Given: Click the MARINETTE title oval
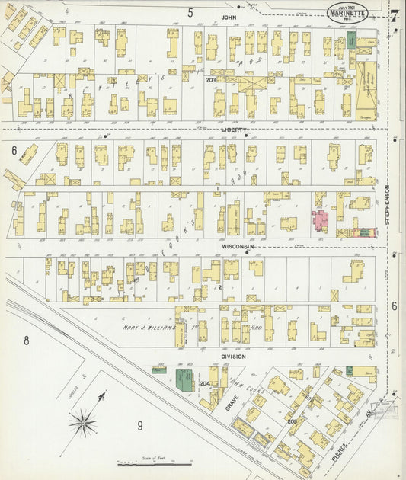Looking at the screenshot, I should [348, 12].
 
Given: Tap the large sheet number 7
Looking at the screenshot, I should [394, 17].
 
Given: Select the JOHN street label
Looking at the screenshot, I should [225, 16].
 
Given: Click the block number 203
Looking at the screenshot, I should [211, 79].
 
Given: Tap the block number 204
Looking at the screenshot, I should [204, 383].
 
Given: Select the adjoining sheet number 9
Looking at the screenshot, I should [139, 425].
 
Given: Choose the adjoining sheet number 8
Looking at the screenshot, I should [25, 341].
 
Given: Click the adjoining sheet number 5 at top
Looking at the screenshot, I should [190, 12].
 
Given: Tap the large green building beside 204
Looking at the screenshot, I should [184, 379].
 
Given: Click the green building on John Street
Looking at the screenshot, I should [351, 40].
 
